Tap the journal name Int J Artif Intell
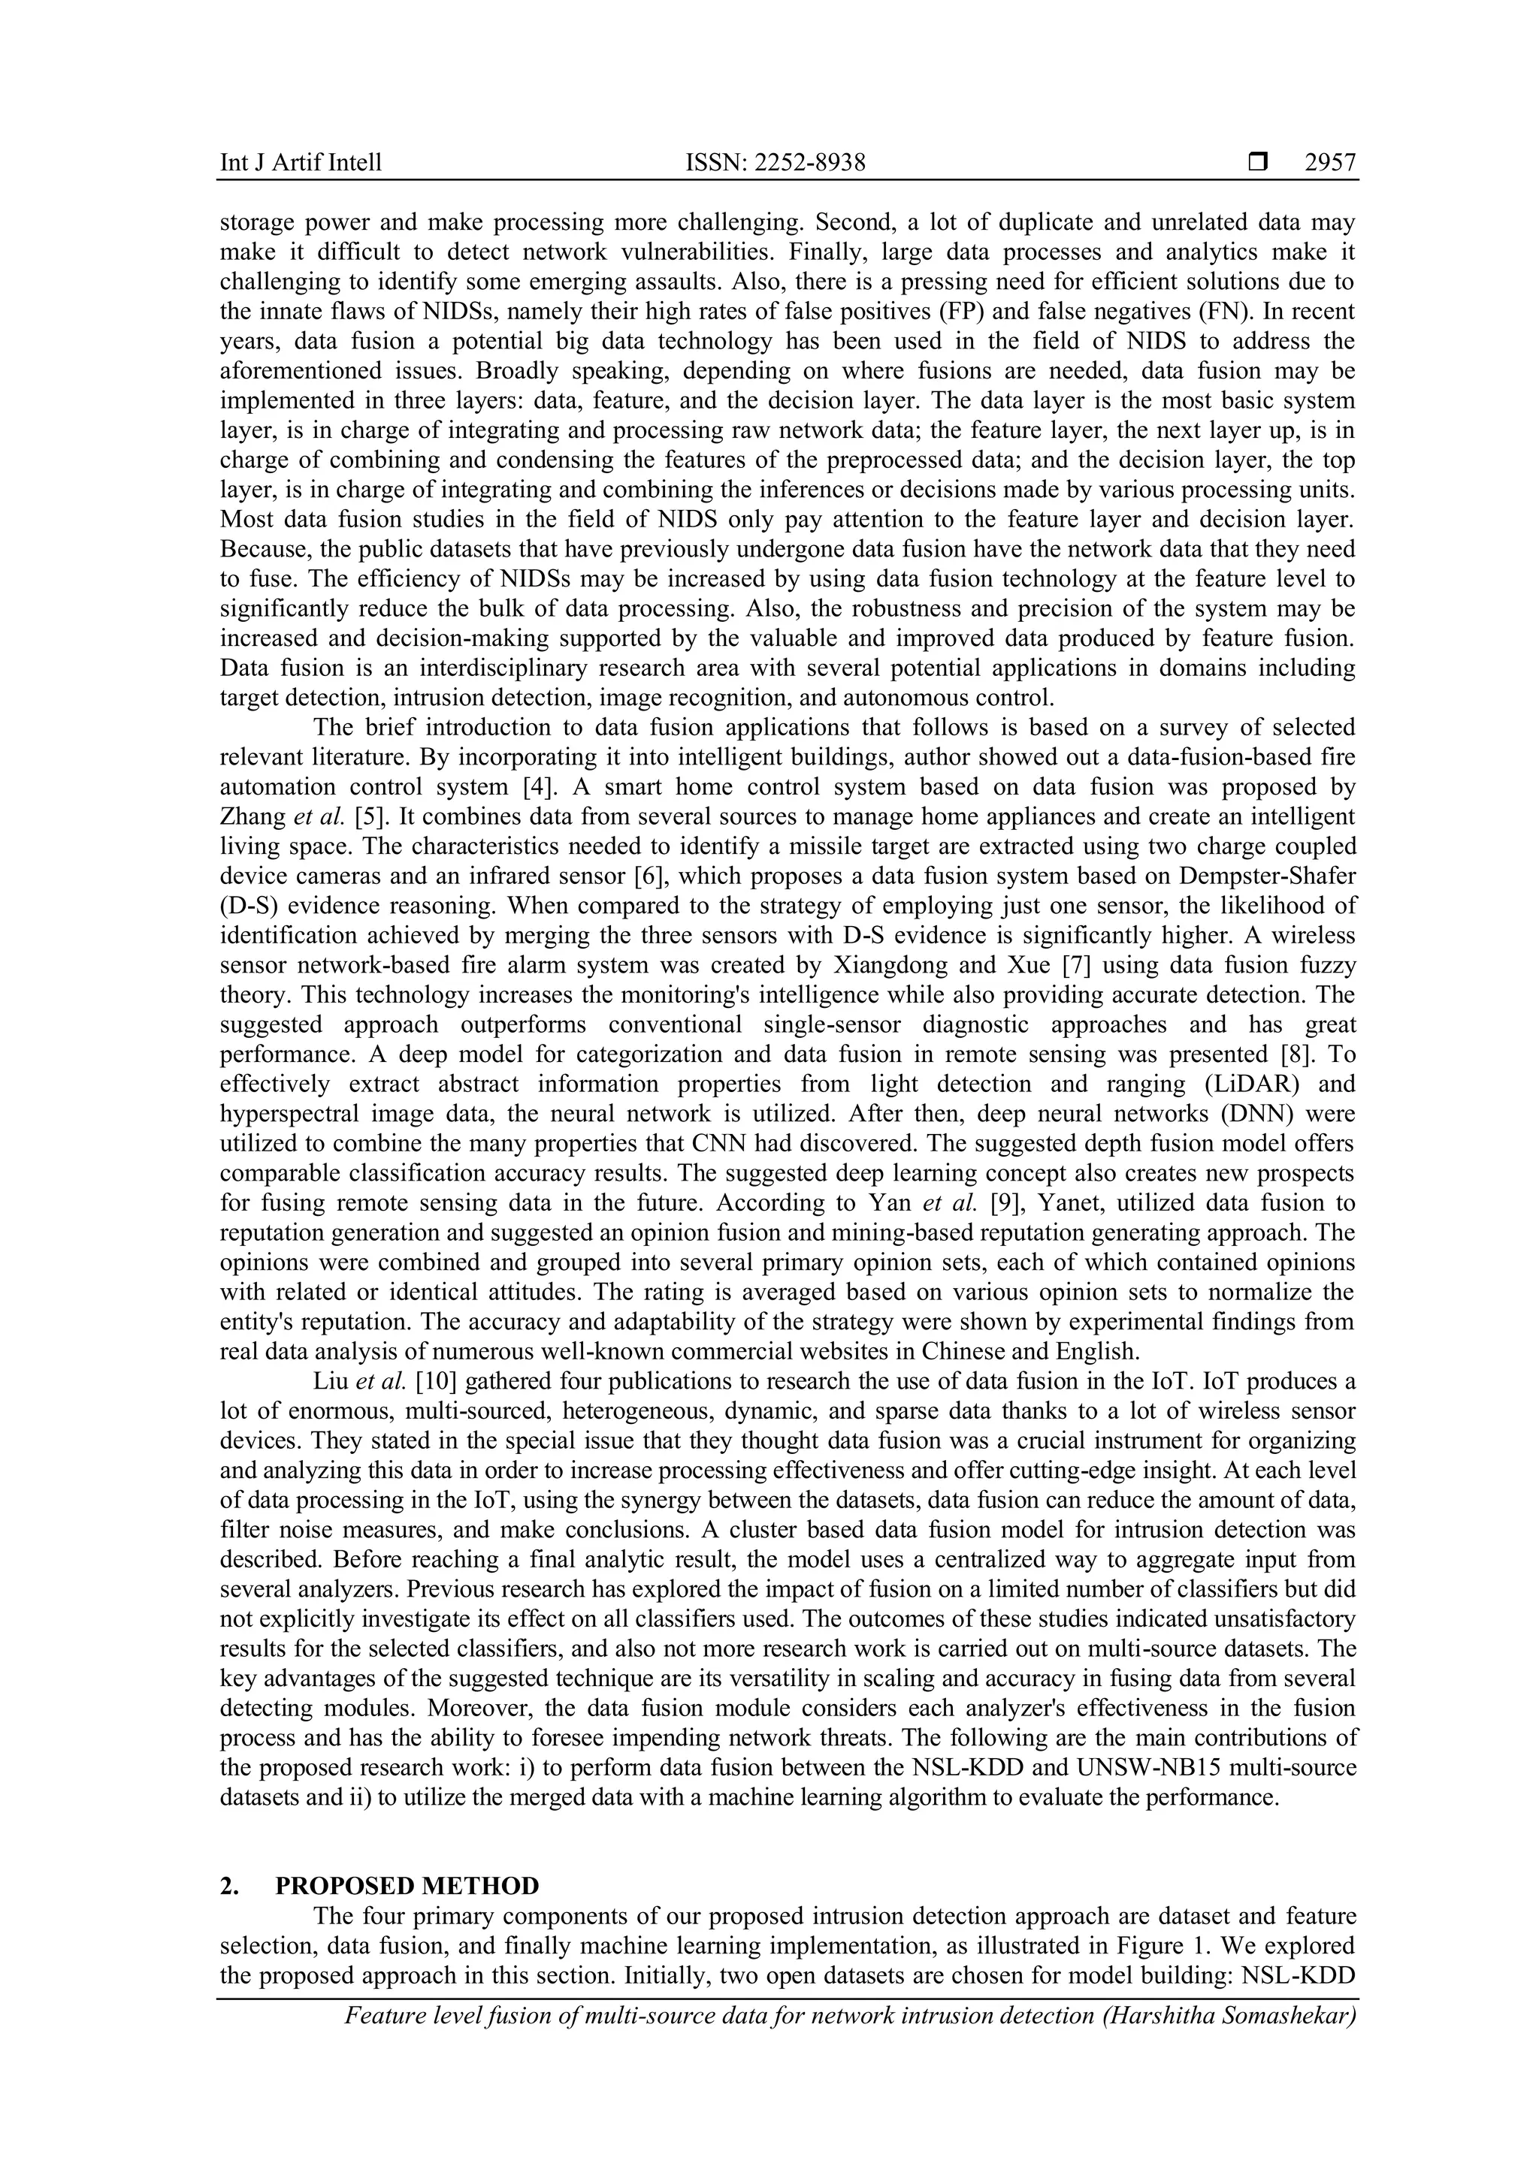[301, 163]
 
